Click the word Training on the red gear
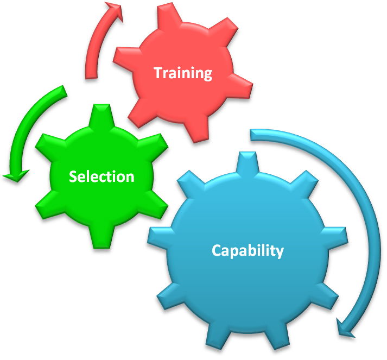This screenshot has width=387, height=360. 183,73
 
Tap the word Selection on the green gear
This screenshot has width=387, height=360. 101,176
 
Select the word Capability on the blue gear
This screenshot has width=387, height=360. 248,251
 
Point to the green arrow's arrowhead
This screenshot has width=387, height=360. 16,175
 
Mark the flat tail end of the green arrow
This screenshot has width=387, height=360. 64,92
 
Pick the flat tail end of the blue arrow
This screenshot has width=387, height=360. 251,135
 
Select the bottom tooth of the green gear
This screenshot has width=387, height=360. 101,237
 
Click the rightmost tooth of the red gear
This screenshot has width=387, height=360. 240,86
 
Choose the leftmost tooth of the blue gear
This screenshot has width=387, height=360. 158,238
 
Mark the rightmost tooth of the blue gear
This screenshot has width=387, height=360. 336,237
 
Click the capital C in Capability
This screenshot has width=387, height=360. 217,250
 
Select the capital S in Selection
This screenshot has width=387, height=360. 73,176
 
